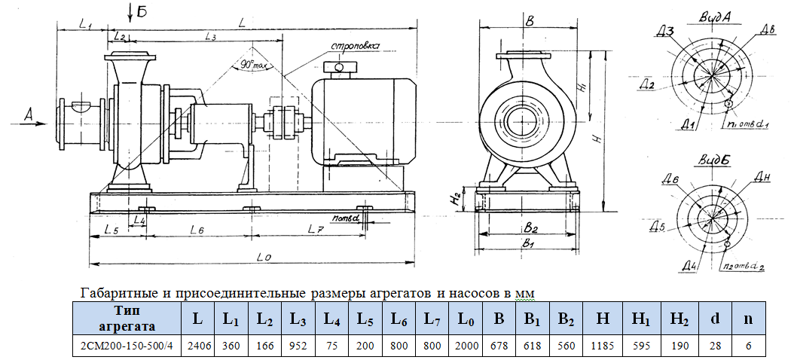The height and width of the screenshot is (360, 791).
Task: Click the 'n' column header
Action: tap(748, 318)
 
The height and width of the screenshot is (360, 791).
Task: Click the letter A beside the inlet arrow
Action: tap(29, 113)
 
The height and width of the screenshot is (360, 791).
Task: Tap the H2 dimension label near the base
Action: tap(455, 199)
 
